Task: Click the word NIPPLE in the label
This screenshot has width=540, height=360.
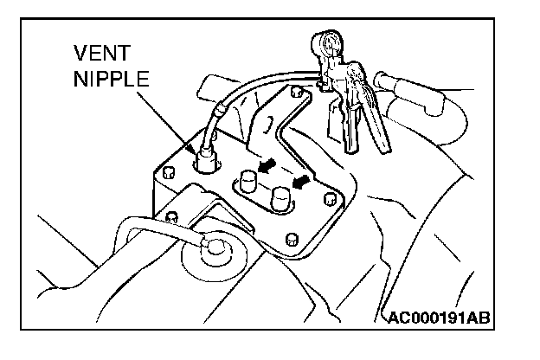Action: coord(111,80)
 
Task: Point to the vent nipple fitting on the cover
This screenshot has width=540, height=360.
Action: coord(207,157)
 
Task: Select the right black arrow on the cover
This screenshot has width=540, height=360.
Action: coord(302,182)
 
